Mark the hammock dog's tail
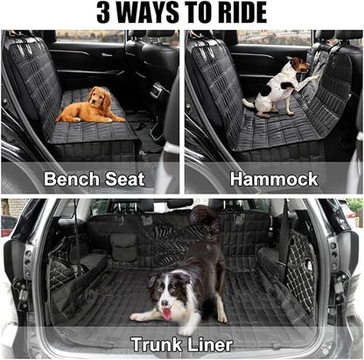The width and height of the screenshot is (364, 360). pyautogui.click(x=248, y=104)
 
